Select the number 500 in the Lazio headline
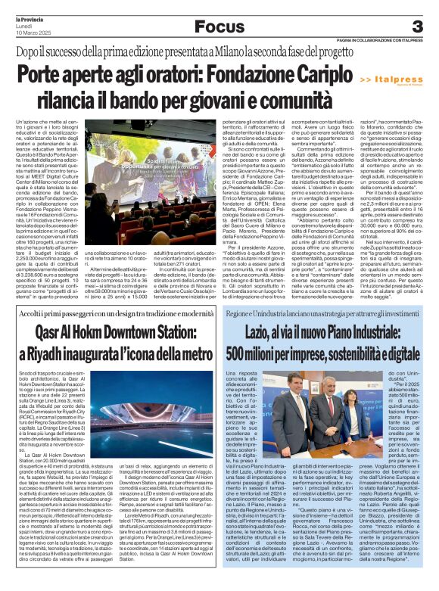pyautogui.click(x=248, y=353)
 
